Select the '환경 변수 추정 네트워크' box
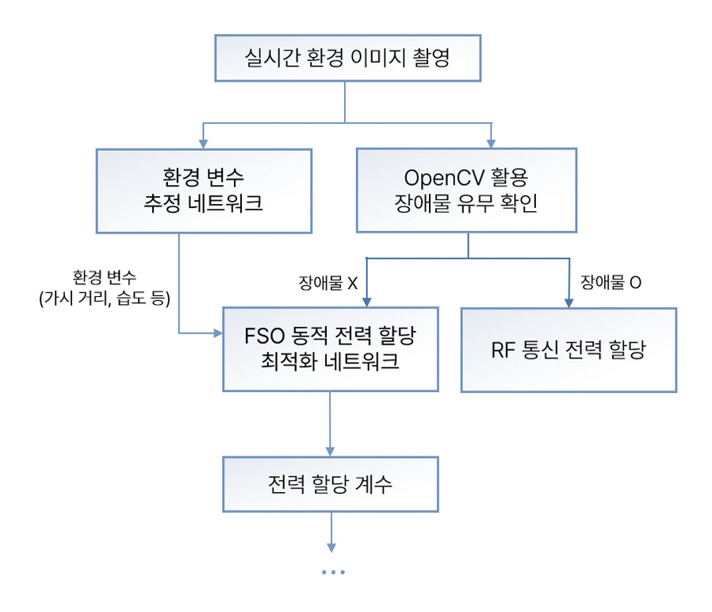pos(203,191)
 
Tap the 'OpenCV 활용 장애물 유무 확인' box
pos(465,191)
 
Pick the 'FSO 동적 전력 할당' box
pos(330,348)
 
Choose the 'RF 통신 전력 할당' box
pos(568,349)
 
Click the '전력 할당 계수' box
pos(330,483)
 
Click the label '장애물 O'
pos(611,282)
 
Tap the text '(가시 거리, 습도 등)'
pos(105,298)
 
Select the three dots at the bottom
pos(333,572)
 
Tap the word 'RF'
pos(503,350)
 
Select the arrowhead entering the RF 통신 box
pos(568,303)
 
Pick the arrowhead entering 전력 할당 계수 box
pos(331,450)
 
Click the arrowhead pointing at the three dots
pos(331,548)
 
